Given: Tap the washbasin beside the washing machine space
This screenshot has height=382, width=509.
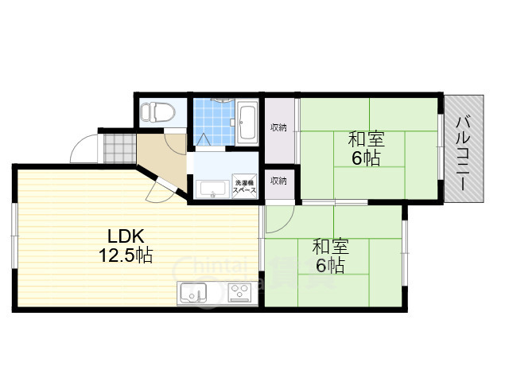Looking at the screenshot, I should tap(212, 189).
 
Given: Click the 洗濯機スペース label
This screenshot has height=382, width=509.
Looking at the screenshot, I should tap(244, 188).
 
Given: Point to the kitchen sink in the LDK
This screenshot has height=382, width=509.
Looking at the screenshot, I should tap(192, 293).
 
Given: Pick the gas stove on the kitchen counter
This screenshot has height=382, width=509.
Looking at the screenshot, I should tap(239, 293).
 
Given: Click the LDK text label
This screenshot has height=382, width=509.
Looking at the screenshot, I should tap(126, 236).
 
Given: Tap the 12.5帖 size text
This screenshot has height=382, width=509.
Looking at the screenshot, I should tap(126, 255).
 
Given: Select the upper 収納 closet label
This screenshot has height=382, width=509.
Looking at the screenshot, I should tap(278, 127).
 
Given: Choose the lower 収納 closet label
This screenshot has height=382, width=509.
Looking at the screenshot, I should tap(278, 181).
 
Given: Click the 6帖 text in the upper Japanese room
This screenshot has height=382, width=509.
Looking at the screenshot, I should tap(366, 158).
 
